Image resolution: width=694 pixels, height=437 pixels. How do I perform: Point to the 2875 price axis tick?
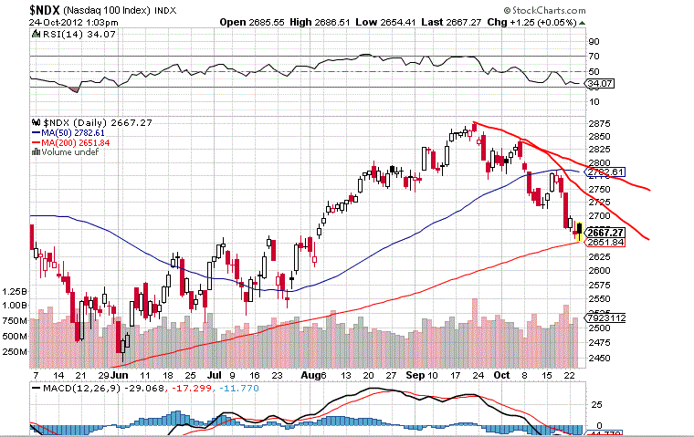pos(599,123)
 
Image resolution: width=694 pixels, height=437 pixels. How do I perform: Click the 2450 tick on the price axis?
pos(599,359)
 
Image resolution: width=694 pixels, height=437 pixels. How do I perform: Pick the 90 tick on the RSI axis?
pos(594,42)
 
